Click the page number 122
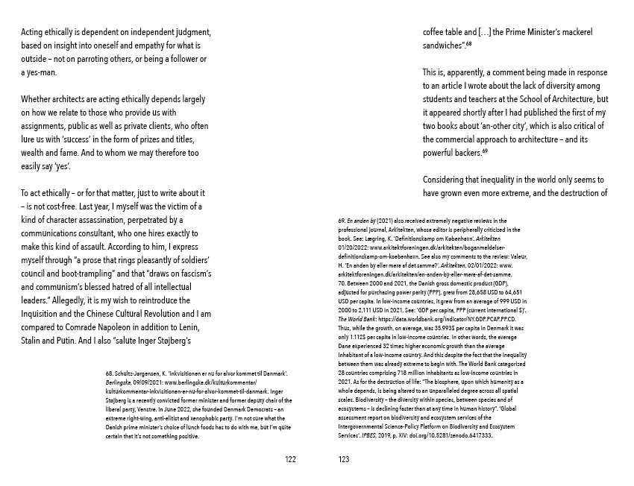pos(291,460)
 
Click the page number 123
pos(343,460)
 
